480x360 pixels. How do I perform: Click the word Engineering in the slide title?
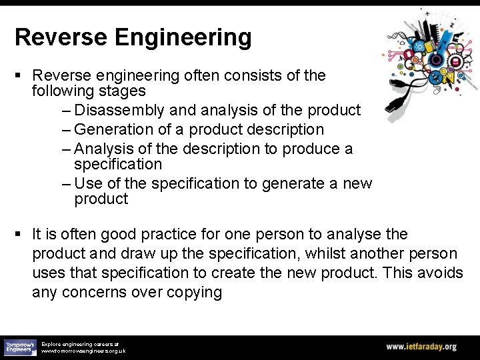click(x=183, y=37)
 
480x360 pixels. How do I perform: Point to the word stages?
click(x=122, y=90)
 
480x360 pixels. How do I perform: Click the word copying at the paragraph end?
click(x=193, y=292)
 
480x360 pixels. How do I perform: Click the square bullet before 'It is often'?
click(x=19, y=235)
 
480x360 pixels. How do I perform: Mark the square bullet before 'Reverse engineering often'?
click(x=19, y=75)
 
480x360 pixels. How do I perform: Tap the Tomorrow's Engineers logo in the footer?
click(x=20, y=347)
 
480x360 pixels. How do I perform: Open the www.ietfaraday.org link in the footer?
click(x=421, y=347)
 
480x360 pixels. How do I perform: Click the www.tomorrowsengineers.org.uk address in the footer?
click(x=83, y=350)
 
